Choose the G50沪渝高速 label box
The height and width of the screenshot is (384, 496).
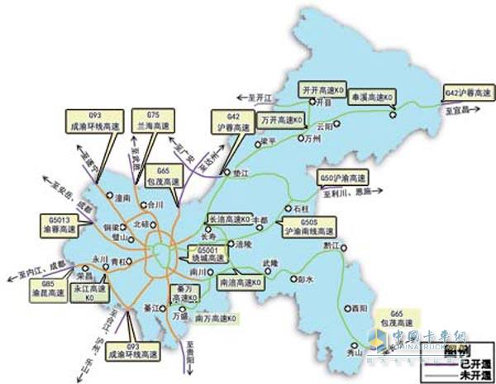tap(342, 178)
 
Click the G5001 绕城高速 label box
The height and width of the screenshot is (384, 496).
tap(205, 253)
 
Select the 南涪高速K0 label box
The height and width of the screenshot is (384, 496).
tap(250, 282)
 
